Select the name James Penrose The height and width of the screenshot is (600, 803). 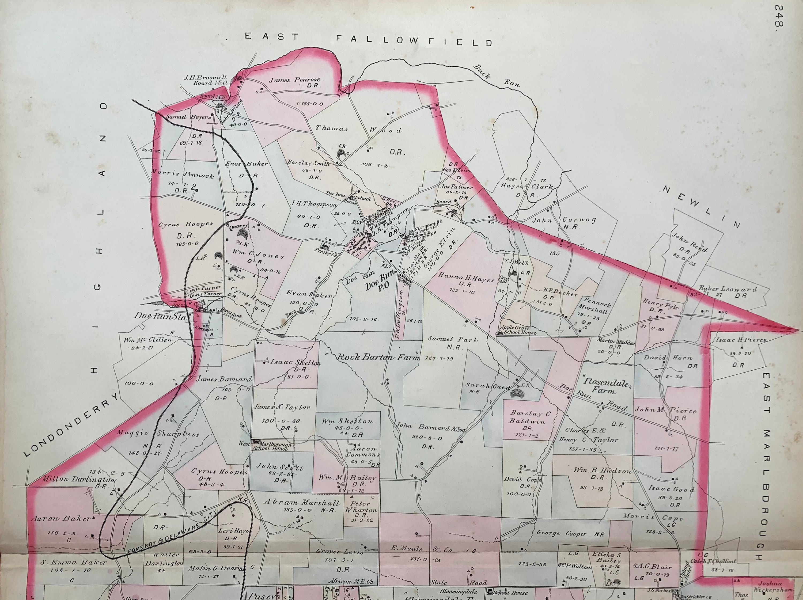(x=294, y=80)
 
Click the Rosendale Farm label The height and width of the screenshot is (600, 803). (x=603, y=386)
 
